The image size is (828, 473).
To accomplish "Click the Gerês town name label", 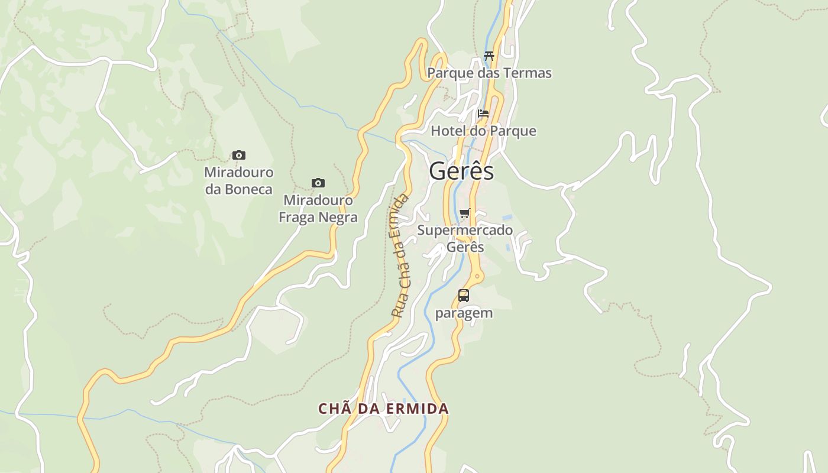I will coord(461,171).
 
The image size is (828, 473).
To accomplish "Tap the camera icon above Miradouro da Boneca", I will coord(239,155).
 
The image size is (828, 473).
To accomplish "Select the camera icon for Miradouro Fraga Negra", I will coord(318,183).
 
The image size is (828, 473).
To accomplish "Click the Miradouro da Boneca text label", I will coord(239,181).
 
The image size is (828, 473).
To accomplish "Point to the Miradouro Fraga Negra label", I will coord(318,209).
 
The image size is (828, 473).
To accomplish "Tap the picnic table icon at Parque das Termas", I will coord(489,56).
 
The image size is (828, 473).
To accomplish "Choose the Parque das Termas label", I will coord(489,73).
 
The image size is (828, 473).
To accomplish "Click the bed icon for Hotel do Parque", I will coord(483,114).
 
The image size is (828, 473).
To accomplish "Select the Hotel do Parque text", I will coord(483,131).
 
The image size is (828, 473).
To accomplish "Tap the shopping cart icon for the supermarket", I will coord(465,213).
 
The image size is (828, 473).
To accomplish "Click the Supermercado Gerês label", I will coord(465,238).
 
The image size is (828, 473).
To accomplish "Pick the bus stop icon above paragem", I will coord(464,296).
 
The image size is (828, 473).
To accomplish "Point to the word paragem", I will coord(464,313).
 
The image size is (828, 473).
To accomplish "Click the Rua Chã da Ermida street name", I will coord(400,255).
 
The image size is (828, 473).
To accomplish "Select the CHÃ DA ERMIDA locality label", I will coord(383,409).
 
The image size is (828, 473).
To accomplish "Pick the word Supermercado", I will coord(465,230).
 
